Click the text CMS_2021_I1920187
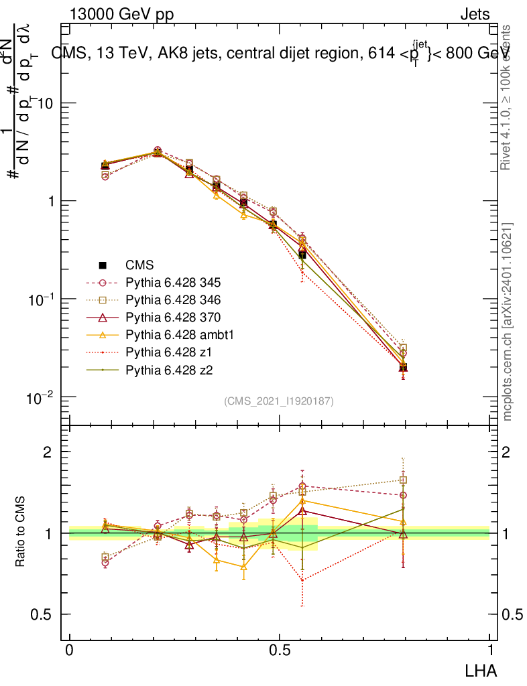pyautogui.click(x=279, y=401)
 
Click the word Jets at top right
pyautogui.click(x=475, y=14)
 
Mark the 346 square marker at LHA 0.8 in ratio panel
pyautogui.click(x=403, y=480)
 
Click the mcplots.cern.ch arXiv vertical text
pyautogui.click(x=508, y=322)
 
